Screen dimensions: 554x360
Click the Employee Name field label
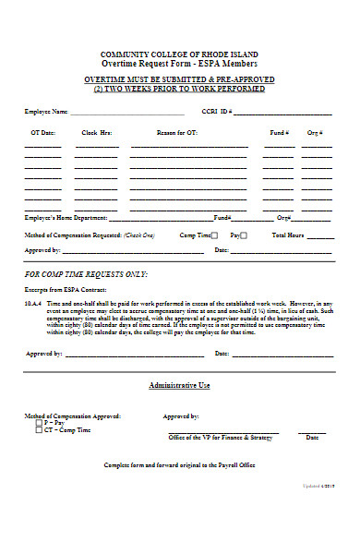coord(46,112)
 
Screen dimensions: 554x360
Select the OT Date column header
coord(42,133)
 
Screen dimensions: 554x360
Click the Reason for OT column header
coord(176,133)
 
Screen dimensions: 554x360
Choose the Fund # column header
coord(278,133)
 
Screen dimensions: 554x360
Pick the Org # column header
coord(315,133)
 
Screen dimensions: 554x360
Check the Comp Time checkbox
coord(215,235)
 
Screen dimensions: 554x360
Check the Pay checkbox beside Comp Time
coord(245,235)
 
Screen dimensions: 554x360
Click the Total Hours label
coord(287,235)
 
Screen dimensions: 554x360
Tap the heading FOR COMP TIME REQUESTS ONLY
coord(87,275)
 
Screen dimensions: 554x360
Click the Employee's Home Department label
coord(66,218)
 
